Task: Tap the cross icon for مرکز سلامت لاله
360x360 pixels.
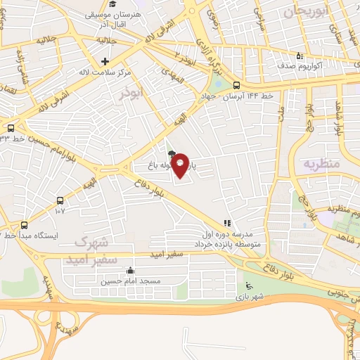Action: click(x=104, y=62)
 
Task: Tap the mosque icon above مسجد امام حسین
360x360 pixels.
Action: click(x=130, y=271)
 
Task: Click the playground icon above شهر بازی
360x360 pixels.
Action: click(x=247, y=285)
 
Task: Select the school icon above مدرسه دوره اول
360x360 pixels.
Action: click(x=227, y=224)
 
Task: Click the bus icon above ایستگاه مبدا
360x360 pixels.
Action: click(x=25, y=225)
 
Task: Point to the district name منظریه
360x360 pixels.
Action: click(x=321, y=163)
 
